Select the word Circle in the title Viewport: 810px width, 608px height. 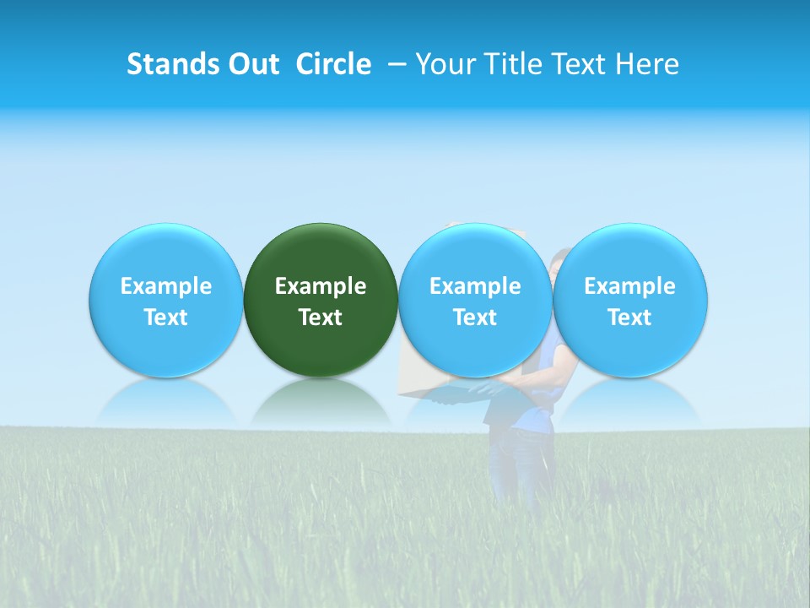point(333,64)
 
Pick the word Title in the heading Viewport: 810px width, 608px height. point(510,64)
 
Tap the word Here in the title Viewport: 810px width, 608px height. point(647,64)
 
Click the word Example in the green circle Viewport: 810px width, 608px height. point(321,286)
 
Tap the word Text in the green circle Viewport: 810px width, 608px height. point(321,318)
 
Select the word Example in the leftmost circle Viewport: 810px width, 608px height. point(166,286)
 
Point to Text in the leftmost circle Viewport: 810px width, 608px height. point(166,318)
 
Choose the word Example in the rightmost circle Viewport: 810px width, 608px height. point(630,286)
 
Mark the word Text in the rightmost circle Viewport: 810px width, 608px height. point(630,318)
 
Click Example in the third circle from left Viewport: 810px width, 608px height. point(475,286)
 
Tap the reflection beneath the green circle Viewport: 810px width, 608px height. point(321,400)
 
